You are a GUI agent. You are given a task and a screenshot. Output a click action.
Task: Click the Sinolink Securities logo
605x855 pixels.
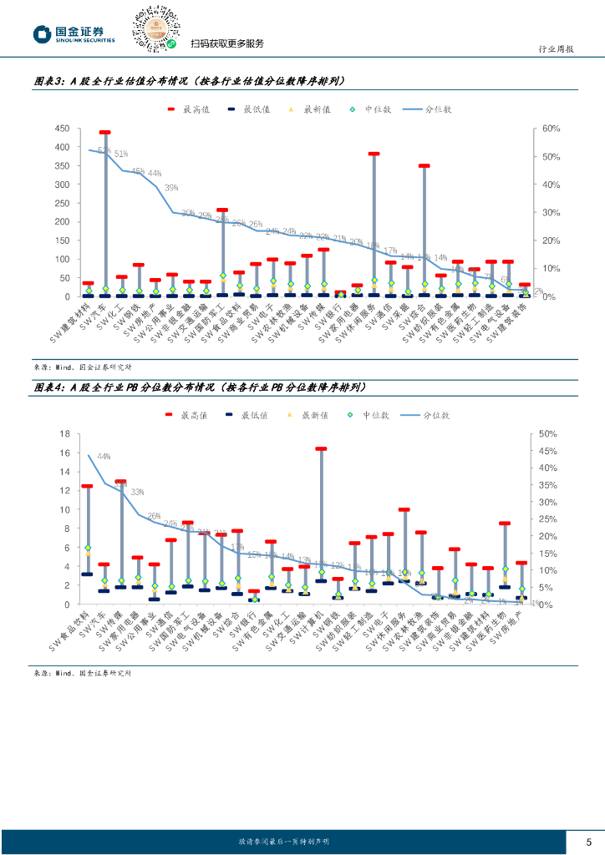tap(74, 33)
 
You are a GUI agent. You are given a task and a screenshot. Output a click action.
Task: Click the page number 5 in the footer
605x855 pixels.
tap(588, 841)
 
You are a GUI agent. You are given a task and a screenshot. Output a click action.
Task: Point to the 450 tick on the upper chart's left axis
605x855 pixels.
tap(61, 129)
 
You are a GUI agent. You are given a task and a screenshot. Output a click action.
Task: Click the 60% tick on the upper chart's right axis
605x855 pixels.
tap(550, 129)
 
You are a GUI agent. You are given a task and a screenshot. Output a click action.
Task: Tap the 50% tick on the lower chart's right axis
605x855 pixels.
tap(547, 433)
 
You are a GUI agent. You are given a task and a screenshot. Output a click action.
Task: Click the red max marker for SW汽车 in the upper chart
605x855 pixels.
tap(105, 132)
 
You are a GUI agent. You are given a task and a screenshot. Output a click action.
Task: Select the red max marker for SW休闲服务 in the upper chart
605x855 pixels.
tap(374, 154)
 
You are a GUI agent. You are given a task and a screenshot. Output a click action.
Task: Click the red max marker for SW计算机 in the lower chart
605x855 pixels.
tap(321, 448)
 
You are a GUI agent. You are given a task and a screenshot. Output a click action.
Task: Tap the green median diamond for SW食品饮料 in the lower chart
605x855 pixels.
tap(87, 549)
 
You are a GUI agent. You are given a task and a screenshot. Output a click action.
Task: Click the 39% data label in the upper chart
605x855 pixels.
tap(171, 188)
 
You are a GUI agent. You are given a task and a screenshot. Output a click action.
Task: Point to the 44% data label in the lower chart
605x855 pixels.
tap(104, 457)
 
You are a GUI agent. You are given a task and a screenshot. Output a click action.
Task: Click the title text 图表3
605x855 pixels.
tap(49, 82)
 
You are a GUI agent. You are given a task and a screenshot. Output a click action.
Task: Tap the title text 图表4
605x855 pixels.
tap(49, 387)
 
